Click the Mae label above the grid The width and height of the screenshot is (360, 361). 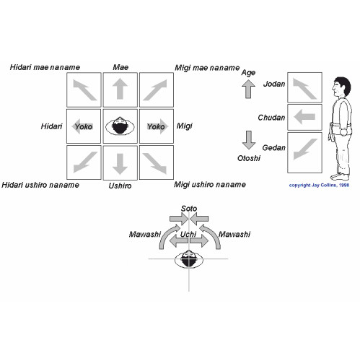click(120, 67)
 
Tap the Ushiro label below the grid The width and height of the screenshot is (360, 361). click(120, 186)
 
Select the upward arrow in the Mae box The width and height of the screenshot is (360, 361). click(120, 89)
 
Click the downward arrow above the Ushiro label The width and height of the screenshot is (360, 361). click(120, 164)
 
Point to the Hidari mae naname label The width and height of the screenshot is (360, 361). click(45, 67)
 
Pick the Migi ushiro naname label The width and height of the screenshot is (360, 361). click(210, 185)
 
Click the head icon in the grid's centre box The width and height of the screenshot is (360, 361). click(120, 126)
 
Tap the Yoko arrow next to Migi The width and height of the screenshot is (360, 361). click(157, 126)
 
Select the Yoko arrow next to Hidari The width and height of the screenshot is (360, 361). click(82, 126)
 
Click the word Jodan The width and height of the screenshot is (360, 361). click(274, 84)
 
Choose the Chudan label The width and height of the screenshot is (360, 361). click(271, 118)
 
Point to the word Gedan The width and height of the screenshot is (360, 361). click(273, 147)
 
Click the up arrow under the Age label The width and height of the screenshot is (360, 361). click(248, 89)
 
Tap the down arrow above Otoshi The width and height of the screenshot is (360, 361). click(249, 140)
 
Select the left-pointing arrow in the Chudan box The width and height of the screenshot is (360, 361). click(304, 117)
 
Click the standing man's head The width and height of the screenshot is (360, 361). click(341, 87)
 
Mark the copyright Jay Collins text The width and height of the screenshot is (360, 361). click(319, 185)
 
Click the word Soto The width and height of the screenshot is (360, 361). click(189, 209)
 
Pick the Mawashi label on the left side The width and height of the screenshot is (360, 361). click(145, 234)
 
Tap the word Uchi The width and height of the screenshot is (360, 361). click(188, 234)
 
